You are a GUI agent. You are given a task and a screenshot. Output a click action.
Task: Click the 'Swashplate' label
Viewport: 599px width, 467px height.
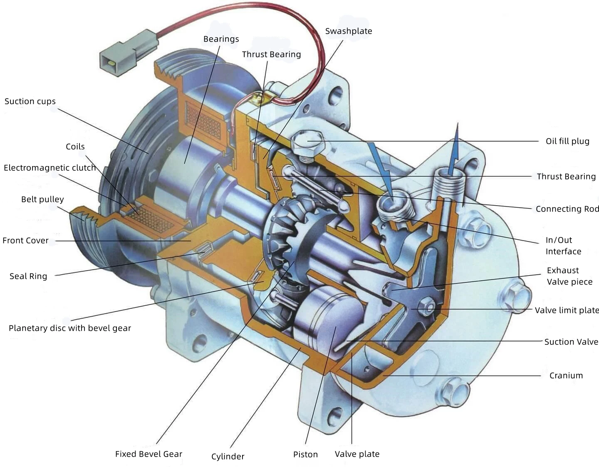pos(348,31)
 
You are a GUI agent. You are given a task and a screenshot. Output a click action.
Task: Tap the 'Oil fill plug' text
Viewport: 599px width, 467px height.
pos(567,141)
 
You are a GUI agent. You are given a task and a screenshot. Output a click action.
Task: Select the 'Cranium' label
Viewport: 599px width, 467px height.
pos(566,376)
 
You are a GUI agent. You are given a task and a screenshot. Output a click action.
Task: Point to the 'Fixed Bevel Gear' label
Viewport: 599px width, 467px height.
pos(149,454)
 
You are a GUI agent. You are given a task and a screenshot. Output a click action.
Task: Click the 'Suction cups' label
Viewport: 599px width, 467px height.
pos(30,101)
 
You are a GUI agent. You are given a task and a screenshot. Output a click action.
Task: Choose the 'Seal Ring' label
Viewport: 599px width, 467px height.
pos(28,276)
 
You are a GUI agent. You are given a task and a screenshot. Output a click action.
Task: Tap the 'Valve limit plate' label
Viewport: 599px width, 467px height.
pos(567,310)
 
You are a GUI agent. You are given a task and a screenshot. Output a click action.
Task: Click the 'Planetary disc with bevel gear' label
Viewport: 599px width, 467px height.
pos(70,328)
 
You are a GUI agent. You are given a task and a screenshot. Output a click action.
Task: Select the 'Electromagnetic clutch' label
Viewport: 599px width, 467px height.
pos(50,168)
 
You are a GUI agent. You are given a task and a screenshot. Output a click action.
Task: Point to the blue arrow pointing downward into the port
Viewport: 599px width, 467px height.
pos(381,166)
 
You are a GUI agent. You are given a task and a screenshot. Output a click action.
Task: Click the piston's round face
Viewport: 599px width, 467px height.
pos(333,316)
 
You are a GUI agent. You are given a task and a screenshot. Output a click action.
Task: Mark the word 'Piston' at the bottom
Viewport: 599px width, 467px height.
pos(305,455)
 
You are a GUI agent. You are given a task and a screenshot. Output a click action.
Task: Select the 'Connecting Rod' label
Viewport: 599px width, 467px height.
pos(567,209)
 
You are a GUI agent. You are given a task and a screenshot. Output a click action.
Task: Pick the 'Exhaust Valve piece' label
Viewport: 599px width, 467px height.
pos(569,276)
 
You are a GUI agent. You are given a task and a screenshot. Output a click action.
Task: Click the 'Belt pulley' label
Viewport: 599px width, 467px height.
pos(42,199)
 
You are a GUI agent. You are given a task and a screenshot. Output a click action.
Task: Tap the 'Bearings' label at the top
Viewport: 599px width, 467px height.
pos(221,39)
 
